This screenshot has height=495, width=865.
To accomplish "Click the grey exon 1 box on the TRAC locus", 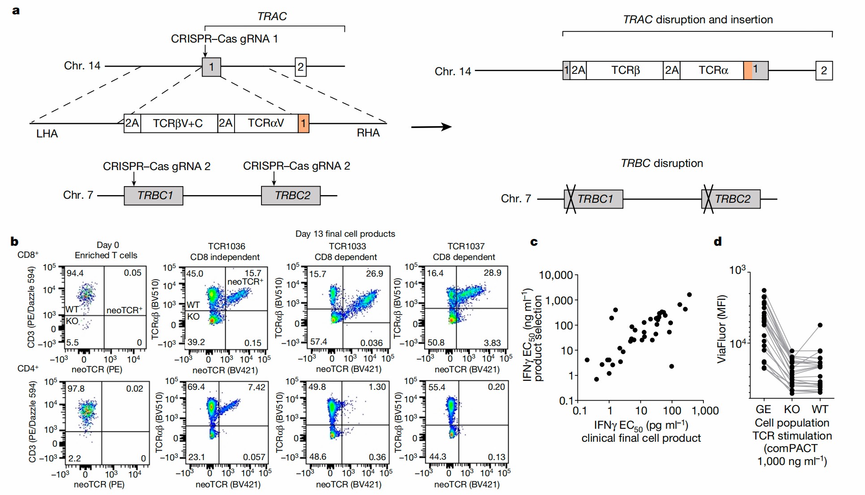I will pyautogui.click(x=211, y=67).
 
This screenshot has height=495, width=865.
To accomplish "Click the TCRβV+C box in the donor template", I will pyautogui.click(x=178, y=124).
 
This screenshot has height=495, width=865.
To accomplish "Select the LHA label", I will pyautogui.click(x=47, y=134).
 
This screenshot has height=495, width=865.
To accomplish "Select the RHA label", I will pyautogui.click(x=368, y=133).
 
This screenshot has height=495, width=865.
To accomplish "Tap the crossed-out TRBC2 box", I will pyautogui.click(x=731, y=199).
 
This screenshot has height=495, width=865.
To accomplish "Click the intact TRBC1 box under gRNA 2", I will pyautogui.click(x=154, y=196).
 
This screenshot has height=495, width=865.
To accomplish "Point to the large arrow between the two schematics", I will pyautogui.click(x=431, y=127).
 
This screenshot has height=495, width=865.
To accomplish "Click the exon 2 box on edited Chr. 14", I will pyautogui.click(x=824, y=71).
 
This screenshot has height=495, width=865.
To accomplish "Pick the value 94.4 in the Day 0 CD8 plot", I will pyautogui.click(x=75, y=273).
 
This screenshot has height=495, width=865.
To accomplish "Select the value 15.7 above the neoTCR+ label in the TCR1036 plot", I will pyautogui.click(x=253, y=273).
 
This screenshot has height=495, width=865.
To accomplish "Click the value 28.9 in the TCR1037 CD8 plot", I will pyautogui.click(x=492, y=273).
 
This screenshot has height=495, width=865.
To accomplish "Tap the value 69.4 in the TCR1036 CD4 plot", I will pyautogui.click(x=196, y=387).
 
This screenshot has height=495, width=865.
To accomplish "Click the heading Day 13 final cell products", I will pyautogui.click(x=345, y=234).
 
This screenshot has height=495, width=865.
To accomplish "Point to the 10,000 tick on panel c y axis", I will pyautogui.click(x=556, y=275).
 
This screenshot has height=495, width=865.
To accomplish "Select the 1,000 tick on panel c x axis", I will pyautogui.click(x=705, y=410).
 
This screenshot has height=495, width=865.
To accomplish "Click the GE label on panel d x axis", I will pyautogui.click(x=763, y=409).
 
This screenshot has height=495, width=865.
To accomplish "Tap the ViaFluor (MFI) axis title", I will pyautogui.click(x=721, y=329).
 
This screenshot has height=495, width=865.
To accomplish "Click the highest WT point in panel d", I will pyautogui.click(x=820, y=325).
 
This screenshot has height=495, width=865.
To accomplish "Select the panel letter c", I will pyautogui.click(x=534, y=242).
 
